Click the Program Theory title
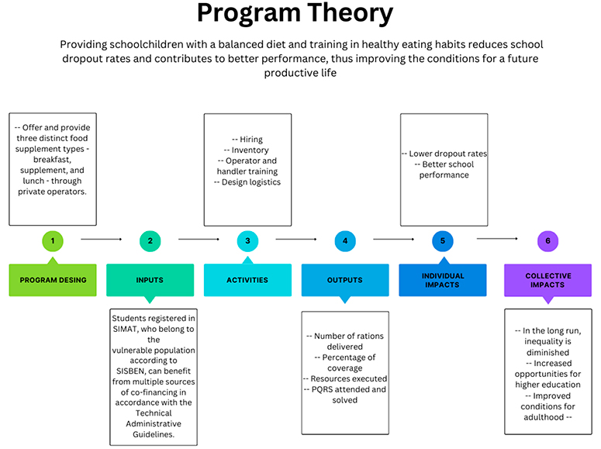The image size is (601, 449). click(294, 14)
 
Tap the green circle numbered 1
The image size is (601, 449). click(53, 241)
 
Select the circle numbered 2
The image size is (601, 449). click(150, 241)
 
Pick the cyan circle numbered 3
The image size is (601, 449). click(247, 241)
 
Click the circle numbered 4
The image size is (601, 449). click(345, 241)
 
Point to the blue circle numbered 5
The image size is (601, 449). click(443, 241)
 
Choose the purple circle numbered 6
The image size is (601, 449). click(548, 241)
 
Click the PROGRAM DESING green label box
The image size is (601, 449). click(53, 280)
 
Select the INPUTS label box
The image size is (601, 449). click(150, 280)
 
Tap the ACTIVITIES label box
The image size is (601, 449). click(247, 280)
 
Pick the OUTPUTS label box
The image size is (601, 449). click(345, 280)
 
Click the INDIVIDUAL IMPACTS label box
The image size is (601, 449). click(443, 280)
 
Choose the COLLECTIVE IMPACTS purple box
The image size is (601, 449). click(548, 280)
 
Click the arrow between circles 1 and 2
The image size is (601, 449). click(101, 240)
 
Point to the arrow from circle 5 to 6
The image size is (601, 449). click(497, 240)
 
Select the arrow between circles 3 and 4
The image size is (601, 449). click(296, 240)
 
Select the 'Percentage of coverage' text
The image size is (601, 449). click(344, 362)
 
